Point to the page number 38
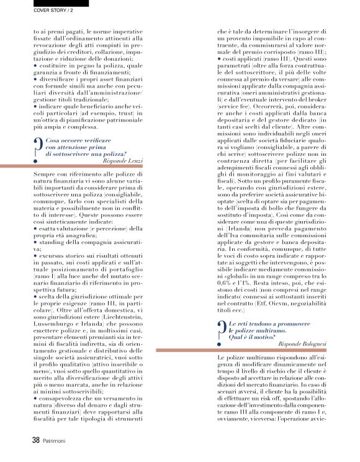(36, 440)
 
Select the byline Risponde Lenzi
(124, 160)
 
